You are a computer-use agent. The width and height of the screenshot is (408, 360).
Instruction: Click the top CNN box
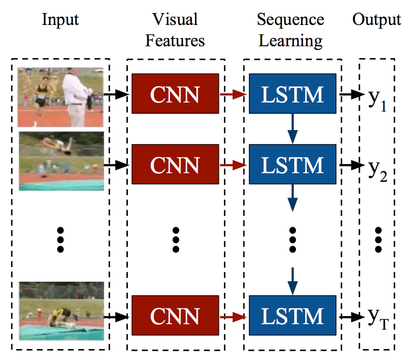[x=175, y=94]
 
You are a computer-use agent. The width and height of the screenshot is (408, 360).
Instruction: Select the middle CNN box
[x=175, y=164]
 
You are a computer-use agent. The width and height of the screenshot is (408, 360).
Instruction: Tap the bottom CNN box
[x=175, y=316]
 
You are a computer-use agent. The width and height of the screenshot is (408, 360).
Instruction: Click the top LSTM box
[x=292, y=94]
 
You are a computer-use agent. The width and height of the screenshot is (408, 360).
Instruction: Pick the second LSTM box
[x=292, y=164]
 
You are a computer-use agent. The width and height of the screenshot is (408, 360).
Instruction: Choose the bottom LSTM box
[x=292, y=316]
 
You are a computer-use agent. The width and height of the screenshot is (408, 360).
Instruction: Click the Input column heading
[x=60, y=20]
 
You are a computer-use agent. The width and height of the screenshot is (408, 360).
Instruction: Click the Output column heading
[x=377, y=20]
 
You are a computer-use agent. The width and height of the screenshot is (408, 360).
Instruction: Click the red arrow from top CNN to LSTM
[x=233, y=94]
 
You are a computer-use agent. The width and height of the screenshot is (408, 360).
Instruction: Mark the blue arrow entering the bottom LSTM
[x=293, y=281]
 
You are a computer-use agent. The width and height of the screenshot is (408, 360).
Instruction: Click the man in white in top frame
[x=75, y=95]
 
